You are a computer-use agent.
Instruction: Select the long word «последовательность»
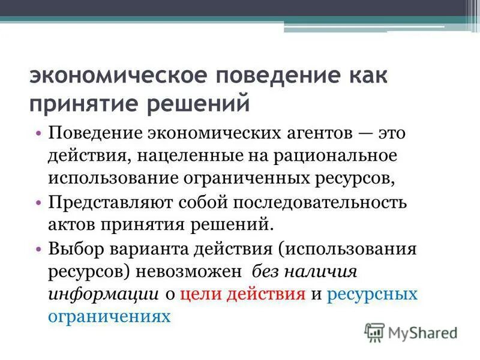tap(315, 202)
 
